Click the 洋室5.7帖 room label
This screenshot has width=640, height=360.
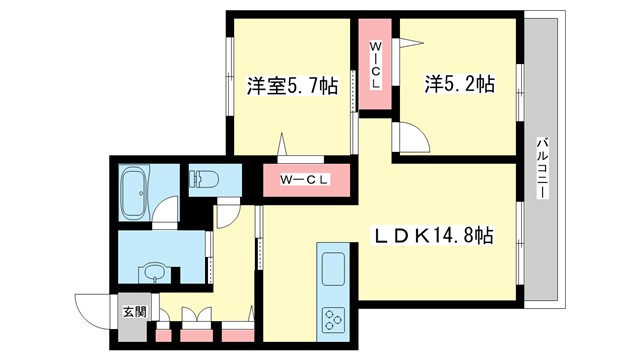coord(291,86)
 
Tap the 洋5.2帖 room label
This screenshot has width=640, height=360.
coord(456,86)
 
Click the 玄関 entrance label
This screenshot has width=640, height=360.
coord(134,311)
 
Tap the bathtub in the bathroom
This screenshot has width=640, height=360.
coord(133,191)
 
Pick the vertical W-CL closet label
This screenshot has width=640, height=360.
coord(376,65)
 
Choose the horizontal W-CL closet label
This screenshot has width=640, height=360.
coord(304,181)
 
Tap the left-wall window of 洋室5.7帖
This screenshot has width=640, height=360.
coord(230,84)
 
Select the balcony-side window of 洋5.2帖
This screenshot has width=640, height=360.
coord(520,84)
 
